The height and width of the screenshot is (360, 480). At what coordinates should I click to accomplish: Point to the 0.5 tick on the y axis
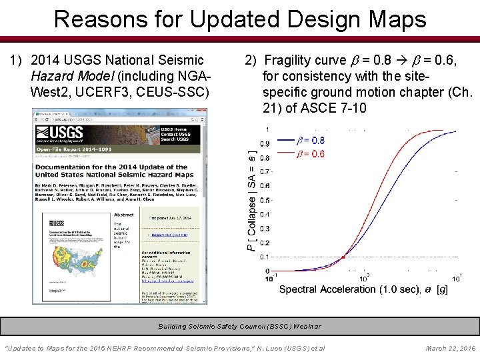[x=265, y=200]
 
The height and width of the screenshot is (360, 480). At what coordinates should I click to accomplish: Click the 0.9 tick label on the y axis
[x=265, y=143]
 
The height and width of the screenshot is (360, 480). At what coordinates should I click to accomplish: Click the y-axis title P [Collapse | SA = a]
[x=251, y=200]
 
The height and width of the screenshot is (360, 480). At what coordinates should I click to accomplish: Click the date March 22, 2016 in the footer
[x=450, y=348]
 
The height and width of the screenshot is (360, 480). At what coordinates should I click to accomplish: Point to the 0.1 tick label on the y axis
[x=265, y=257]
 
